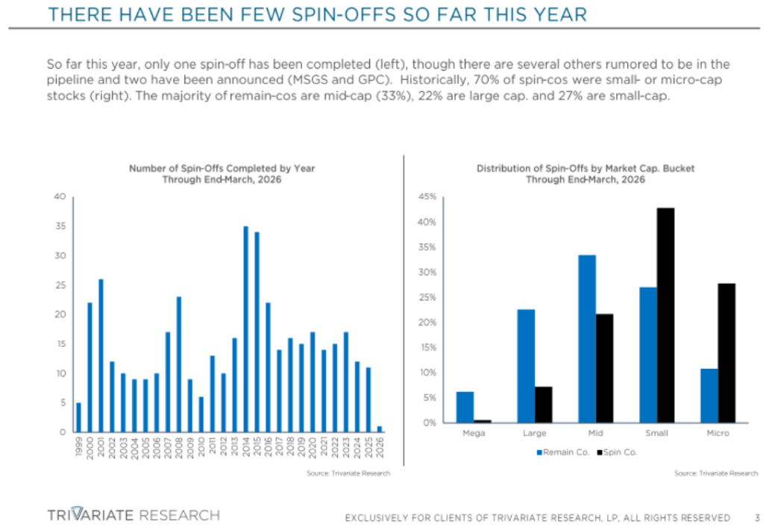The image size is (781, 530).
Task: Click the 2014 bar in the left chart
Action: [x=245, y=329]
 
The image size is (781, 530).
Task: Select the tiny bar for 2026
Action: [x=380, y=429]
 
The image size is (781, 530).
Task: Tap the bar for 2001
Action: [x=101, y=355]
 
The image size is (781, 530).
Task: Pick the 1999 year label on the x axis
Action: [x=79, y=448]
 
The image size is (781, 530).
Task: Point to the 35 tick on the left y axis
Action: [x=60, y=227]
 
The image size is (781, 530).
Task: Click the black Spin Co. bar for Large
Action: [x=543, y=404]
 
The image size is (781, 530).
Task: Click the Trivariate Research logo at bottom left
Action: [x=133, y=514]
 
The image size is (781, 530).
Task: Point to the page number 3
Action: [x=756, y=517]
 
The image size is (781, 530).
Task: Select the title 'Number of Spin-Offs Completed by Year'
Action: [x=222, y=168]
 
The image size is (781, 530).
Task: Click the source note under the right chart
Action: [x=715, y=473]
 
